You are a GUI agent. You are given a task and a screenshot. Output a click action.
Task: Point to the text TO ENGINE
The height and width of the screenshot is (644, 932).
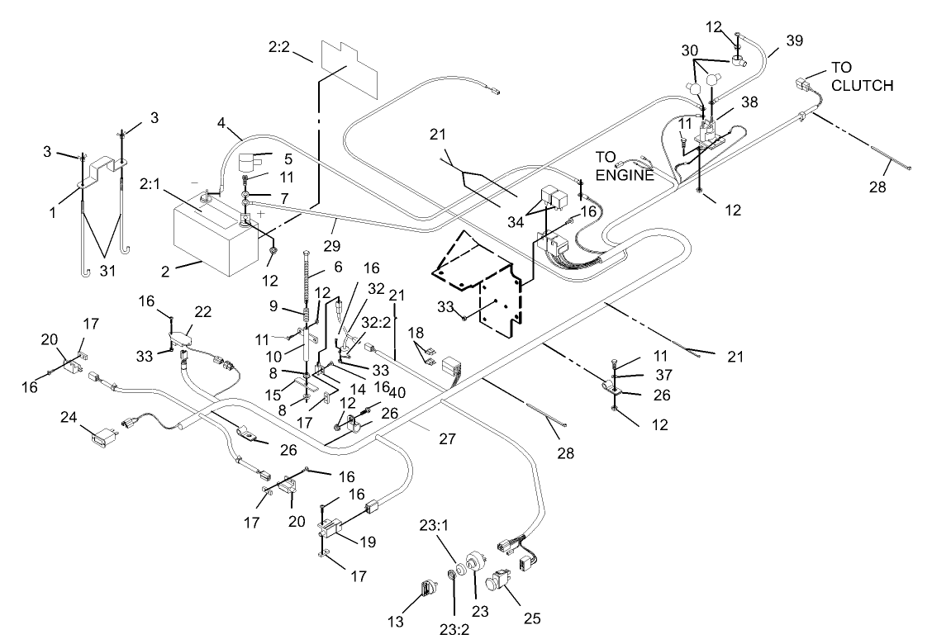pos(625,164)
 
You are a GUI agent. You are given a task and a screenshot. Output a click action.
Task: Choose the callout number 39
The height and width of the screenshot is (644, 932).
pos(795,40)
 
